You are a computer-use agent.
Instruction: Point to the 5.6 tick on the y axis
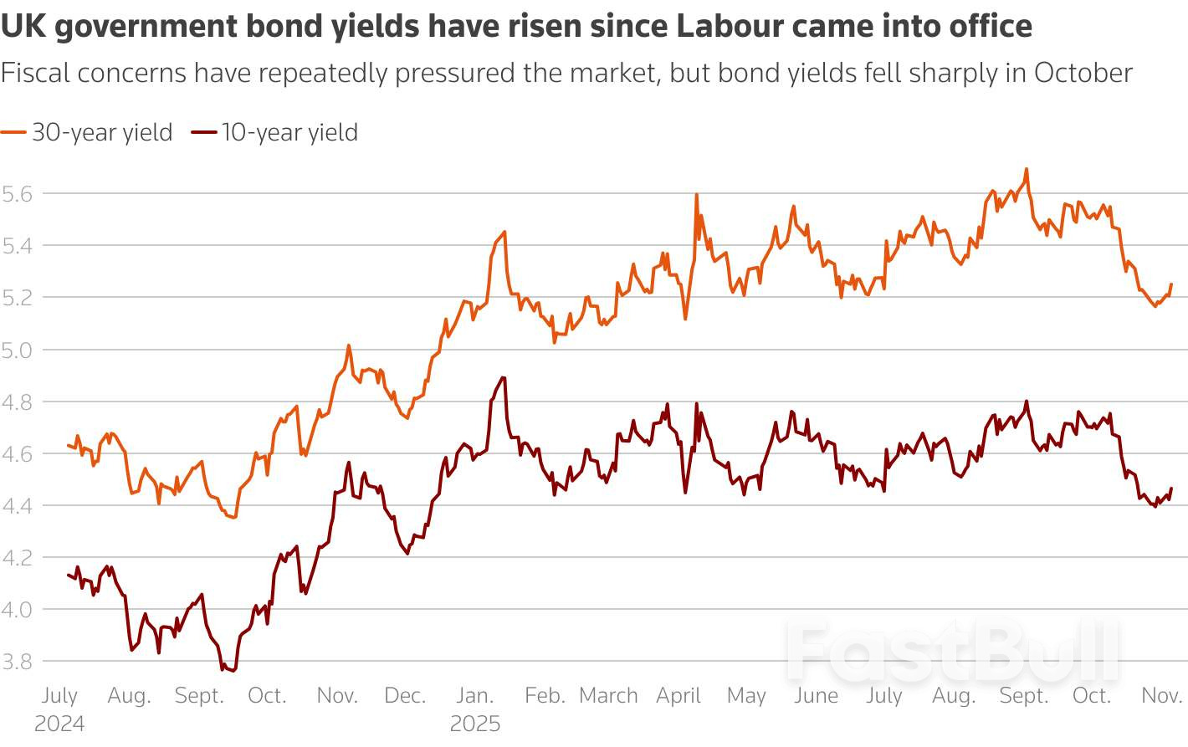(18, 194)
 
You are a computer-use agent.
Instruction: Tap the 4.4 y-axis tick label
(18, 506)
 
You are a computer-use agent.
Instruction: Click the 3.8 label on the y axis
(18, 662)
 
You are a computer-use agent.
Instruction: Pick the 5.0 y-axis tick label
(18, 350)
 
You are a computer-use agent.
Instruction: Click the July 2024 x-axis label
(59, 709)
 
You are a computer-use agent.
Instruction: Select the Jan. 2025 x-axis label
(474, 709)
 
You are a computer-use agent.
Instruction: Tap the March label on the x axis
(608, 696)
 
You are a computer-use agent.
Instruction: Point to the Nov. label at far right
(1161, 696)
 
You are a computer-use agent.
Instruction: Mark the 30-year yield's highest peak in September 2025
(1026, 170)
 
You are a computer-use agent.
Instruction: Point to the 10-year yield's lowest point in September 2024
(232, 671)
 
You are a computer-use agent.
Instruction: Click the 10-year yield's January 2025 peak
(504, 377)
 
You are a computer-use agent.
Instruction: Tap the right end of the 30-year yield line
(1171, 284)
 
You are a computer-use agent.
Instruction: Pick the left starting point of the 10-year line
(68, 575)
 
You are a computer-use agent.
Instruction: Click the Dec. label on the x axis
(405, 696)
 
